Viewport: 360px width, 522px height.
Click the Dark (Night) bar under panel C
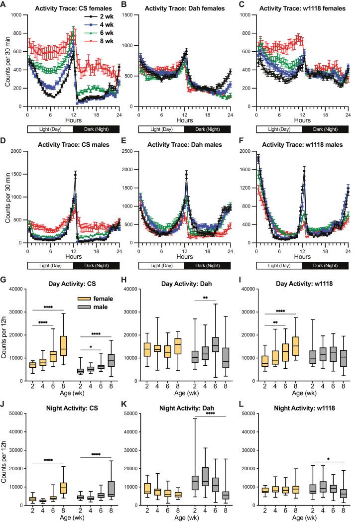[x=325, y=129]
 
